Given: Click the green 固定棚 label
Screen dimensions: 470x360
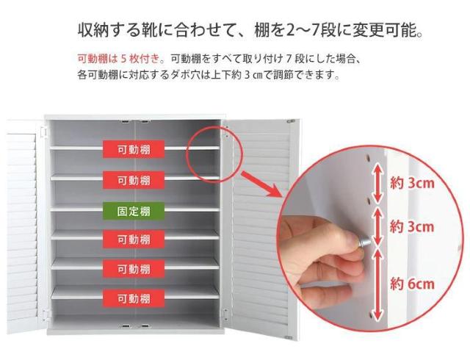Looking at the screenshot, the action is pyautogui.click(x=134, y=211).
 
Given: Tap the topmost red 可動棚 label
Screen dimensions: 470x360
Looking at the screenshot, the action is pyautogui.click(x=134, y=149).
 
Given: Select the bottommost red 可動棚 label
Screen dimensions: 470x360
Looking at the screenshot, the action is pyautogui.click(x=134, y=298).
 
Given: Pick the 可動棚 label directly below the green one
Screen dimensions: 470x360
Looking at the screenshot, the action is pyautogui.click(x=134, y=240).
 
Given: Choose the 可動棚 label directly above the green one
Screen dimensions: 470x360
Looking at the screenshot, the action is pyautogui.click(x=134, y=180).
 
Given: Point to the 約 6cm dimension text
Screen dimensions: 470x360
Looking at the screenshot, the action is pyautogui.click(x=412, y=284).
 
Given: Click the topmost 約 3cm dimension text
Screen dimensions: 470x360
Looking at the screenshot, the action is pyautogui.click(x=412, y=183).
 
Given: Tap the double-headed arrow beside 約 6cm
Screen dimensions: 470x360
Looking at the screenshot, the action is pyautogui.click(x=378, y=284).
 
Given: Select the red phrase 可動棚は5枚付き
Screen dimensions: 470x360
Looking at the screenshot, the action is pyautogui.click(x=119, y=58).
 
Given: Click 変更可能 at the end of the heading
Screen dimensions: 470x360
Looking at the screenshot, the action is pyautogui.click(x=384, y=30).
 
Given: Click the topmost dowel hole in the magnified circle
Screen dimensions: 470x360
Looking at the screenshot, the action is pyautogui.click(x=369, y=157).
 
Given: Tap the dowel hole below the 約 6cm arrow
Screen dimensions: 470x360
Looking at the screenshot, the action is pyautogui.click(x=371, y=316).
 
